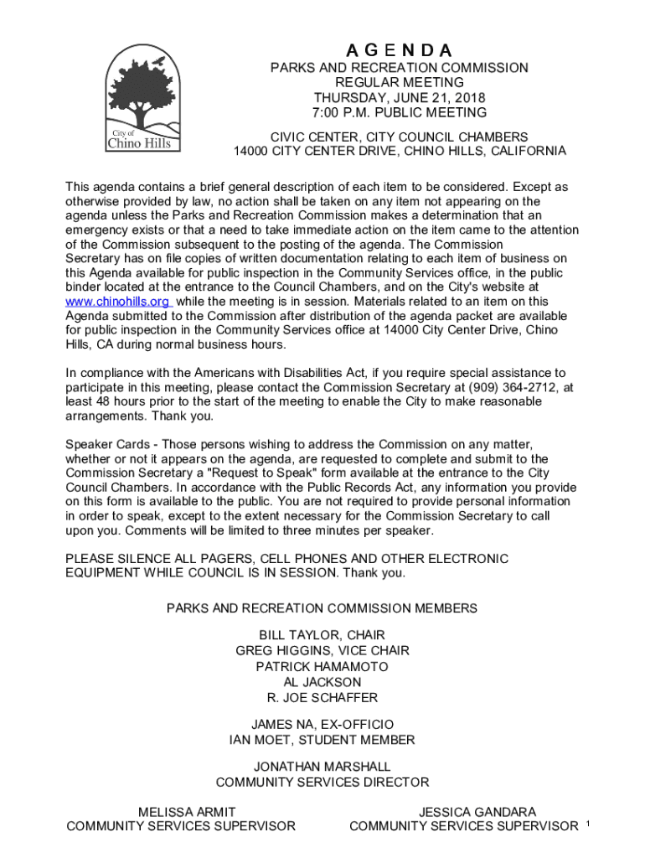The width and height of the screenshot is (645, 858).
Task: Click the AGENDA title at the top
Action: (x=399, y=50)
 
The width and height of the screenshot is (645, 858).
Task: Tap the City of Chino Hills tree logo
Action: (x=142, y=99)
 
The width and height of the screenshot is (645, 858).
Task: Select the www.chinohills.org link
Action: (x=118, y=302)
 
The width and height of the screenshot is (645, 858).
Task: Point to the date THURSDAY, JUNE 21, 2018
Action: (x=399, y=97)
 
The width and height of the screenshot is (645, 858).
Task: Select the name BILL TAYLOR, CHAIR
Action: (x=322, y=635)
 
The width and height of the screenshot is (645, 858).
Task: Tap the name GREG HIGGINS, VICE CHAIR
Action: (x=322, y=651)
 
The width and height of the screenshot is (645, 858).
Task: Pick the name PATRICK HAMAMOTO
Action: (x=322, y=667)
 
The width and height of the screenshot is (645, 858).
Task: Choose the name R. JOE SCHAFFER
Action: (x=322, y=698)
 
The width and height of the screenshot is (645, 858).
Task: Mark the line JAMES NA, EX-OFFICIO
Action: (x=322, y=724)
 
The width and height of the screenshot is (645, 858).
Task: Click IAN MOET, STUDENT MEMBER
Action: (x=322, y=740)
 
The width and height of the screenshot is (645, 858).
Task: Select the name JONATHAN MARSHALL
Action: (x=322, y=767)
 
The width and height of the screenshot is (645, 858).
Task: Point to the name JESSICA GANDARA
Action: (x=477, y=812)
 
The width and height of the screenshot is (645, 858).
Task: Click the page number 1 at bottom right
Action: (x=589, y=825)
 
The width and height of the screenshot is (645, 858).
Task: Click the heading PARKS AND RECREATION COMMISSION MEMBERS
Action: (x=322, y=608)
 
